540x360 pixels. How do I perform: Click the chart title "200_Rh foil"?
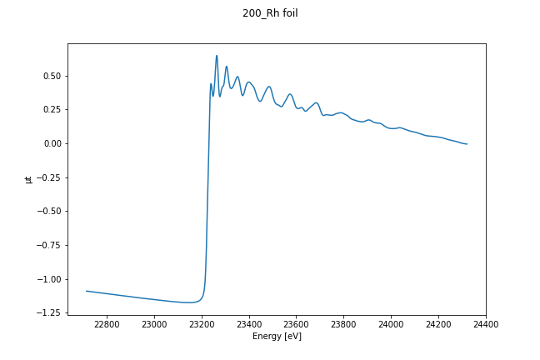(270, 13)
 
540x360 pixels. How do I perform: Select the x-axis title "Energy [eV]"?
(277, 337)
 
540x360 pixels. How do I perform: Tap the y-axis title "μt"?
(28, 178)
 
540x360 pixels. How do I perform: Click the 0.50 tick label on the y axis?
(51, 76)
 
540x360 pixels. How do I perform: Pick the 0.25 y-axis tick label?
(51, 109)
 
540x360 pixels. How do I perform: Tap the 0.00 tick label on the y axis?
(51, 143)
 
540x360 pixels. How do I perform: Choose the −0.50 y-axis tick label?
(48, 211)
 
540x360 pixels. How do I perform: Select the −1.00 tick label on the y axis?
(48, 279)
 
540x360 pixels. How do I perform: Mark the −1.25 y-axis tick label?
(48, 312)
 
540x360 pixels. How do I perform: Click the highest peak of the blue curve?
(217, 56)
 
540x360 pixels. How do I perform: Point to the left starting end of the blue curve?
(87, 291)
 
